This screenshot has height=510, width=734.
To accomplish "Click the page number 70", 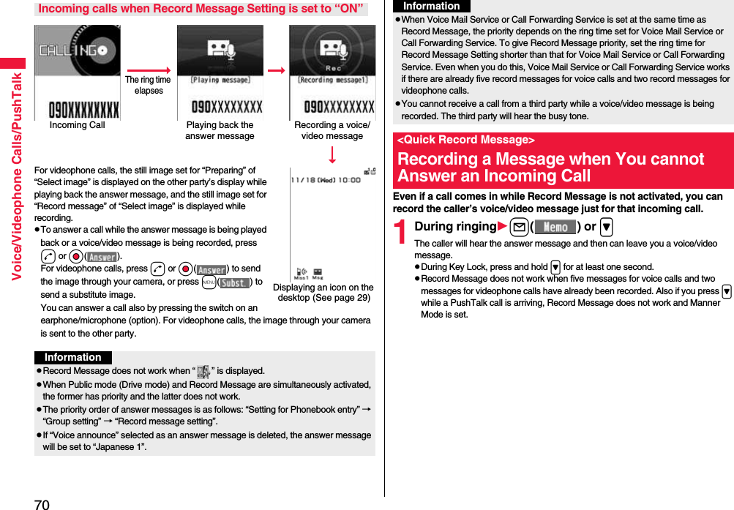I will [x=42, y=503].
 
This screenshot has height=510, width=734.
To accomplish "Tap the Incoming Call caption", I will [x=77, y=125].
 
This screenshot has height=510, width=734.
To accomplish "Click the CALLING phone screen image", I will [x=77, y=72].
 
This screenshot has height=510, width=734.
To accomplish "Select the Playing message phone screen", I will [x=220, y=72].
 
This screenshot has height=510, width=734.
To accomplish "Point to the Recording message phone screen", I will [x=332, y=72].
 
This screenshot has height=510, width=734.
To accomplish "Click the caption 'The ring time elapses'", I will [x=149, y=86].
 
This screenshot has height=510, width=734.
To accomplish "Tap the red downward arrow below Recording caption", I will [x=332, y=154].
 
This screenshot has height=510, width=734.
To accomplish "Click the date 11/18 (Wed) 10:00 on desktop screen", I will [x=325, y=179].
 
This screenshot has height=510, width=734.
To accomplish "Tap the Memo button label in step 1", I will [x=555, y=227].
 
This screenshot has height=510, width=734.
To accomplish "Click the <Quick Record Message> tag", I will [x=465, y=140].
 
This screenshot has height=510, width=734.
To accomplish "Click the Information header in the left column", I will [x=72, y=358].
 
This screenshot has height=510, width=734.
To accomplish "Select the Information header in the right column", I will [x=432, y=6].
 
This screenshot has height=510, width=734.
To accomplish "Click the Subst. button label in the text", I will [x=234, y=282].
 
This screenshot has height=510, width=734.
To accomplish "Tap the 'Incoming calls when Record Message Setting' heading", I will [x=201, y=9].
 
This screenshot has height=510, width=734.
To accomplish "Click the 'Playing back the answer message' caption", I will [x=220, y=130].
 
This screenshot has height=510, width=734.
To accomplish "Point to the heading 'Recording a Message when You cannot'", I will [x=550, y=159].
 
